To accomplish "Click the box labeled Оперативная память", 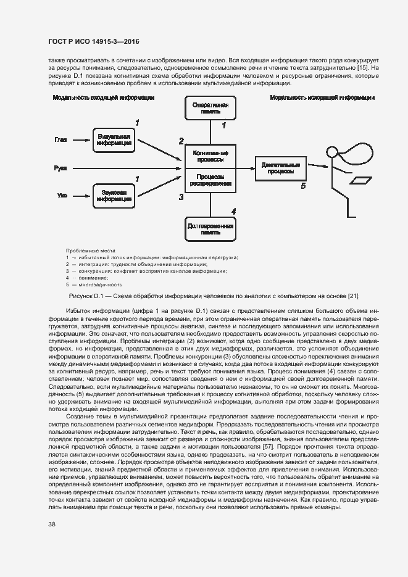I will [210, 109].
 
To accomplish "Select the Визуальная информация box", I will [114, 140].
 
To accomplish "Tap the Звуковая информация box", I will [114, 196].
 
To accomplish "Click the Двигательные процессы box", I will [280, 168].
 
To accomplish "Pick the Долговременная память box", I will [210, 230].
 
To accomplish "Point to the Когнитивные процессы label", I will [210, 156].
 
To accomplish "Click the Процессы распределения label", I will [210, 180].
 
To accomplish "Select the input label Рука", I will [60, 167].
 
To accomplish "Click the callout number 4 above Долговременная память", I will [233, 211].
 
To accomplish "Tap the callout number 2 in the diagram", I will [181, 141].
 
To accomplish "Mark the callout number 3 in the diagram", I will [181, 197].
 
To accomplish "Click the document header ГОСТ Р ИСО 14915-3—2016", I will [93, 41].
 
